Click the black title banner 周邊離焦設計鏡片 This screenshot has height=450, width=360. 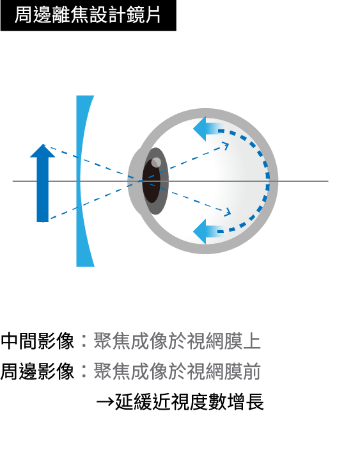click(x=88, y=15)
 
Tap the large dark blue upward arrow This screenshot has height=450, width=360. click(x=42, y=184)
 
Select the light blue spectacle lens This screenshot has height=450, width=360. click(x=82, y=181)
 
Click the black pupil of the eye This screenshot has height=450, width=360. click(x=151, y=181)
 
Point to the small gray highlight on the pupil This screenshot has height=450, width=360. click(x=156, y=163)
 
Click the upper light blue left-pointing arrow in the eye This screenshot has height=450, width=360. click(x=208, y=129)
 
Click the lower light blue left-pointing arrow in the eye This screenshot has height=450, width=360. click(x=208, y=231)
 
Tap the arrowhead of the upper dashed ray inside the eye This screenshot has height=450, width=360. click(x=226, y=146)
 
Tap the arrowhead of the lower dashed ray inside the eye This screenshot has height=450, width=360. click(x=227, y=212)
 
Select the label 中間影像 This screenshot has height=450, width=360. click(x=37, y=341)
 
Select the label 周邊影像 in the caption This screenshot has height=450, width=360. click(x=37, y=372)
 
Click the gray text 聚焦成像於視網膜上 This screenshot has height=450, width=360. click(x=177, y=341)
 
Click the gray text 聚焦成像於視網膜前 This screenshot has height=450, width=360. click(x=177, y=372)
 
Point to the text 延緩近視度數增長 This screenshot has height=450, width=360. click(x=189, y=402)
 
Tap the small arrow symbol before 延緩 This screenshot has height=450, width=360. click(x=106, y=402)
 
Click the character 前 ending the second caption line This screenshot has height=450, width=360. click(x=252, y=372)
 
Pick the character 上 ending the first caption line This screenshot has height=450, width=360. click(x=252, y=341)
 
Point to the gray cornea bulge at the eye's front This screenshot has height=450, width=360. click(x=134, y=181)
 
